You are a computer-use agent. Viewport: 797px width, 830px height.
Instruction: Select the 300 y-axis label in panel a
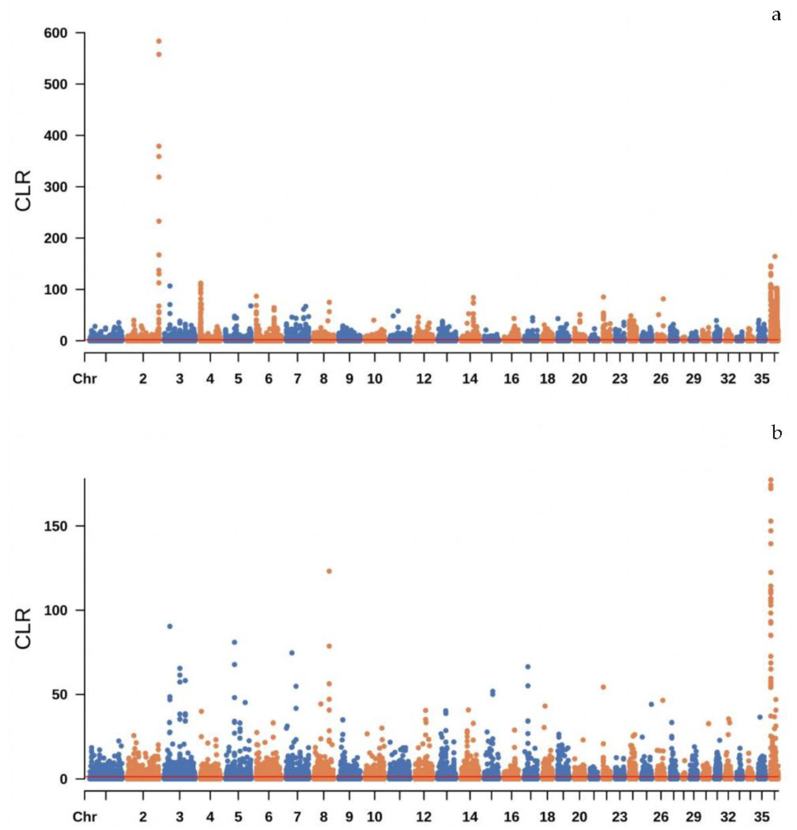56,187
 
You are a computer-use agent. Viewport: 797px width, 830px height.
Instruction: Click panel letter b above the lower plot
776,432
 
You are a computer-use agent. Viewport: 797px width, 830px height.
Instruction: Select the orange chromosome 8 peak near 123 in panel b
329,571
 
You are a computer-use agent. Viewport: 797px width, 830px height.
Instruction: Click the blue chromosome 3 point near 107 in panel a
170,286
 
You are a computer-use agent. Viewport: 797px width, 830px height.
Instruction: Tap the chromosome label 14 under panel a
470,378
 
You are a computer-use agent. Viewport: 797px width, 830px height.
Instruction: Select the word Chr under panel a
85,378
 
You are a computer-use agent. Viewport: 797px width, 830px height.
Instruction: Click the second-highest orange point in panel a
159,54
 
